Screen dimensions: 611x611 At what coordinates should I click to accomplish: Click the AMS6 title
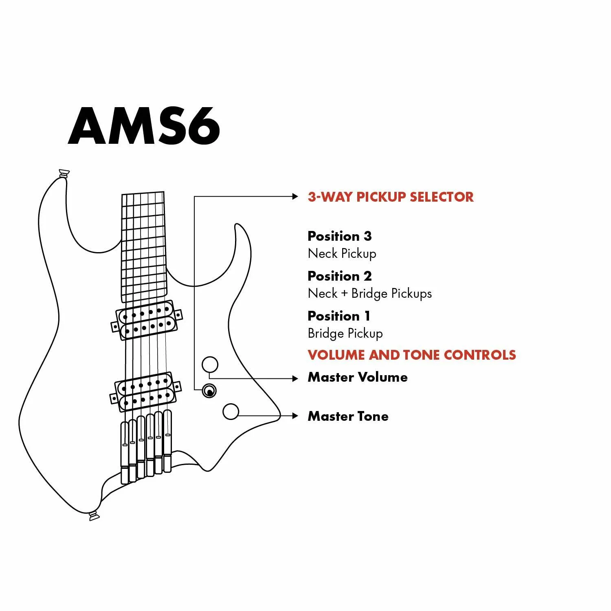[x=144, y=126]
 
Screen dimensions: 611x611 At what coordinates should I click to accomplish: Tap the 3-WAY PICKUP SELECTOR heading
[x=391, y=197]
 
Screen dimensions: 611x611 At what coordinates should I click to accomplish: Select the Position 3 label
[x=340, y=236]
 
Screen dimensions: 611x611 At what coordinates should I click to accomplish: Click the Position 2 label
[x=340, y=276]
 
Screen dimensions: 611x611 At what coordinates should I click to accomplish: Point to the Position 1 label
[x=339, y=316]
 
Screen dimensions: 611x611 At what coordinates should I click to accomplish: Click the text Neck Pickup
[x=342, y=253]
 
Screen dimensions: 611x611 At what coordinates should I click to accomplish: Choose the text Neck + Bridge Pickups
[x=370, y=293]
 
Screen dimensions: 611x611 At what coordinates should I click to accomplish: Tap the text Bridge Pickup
[x=345, y=333]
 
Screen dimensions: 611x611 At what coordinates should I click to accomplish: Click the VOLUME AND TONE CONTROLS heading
[x=412, y=355]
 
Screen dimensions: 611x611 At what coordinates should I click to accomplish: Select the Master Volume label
[x=358, y=377]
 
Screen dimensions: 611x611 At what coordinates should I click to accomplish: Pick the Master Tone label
[x=348, y=416]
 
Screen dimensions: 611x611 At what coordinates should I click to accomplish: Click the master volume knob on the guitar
[x=210, y=365]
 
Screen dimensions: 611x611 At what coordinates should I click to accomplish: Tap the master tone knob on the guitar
[x=231, y=412]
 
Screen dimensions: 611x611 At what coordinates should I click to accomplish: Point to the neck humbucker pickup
[x=147, y=320]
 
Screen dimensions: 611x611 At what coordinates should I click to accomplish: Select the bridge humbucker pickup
[x=145, y=392]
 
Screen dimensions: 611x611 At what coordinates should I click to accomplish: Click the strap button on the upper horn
[x=64, y=174]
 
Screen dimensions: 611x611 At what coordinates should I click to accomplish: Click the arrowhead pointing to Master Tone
[x=296, y=416]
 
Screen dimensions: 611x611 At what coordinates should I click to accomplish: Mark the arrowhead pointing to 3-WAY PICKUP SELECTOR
[x=296, y=196]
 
